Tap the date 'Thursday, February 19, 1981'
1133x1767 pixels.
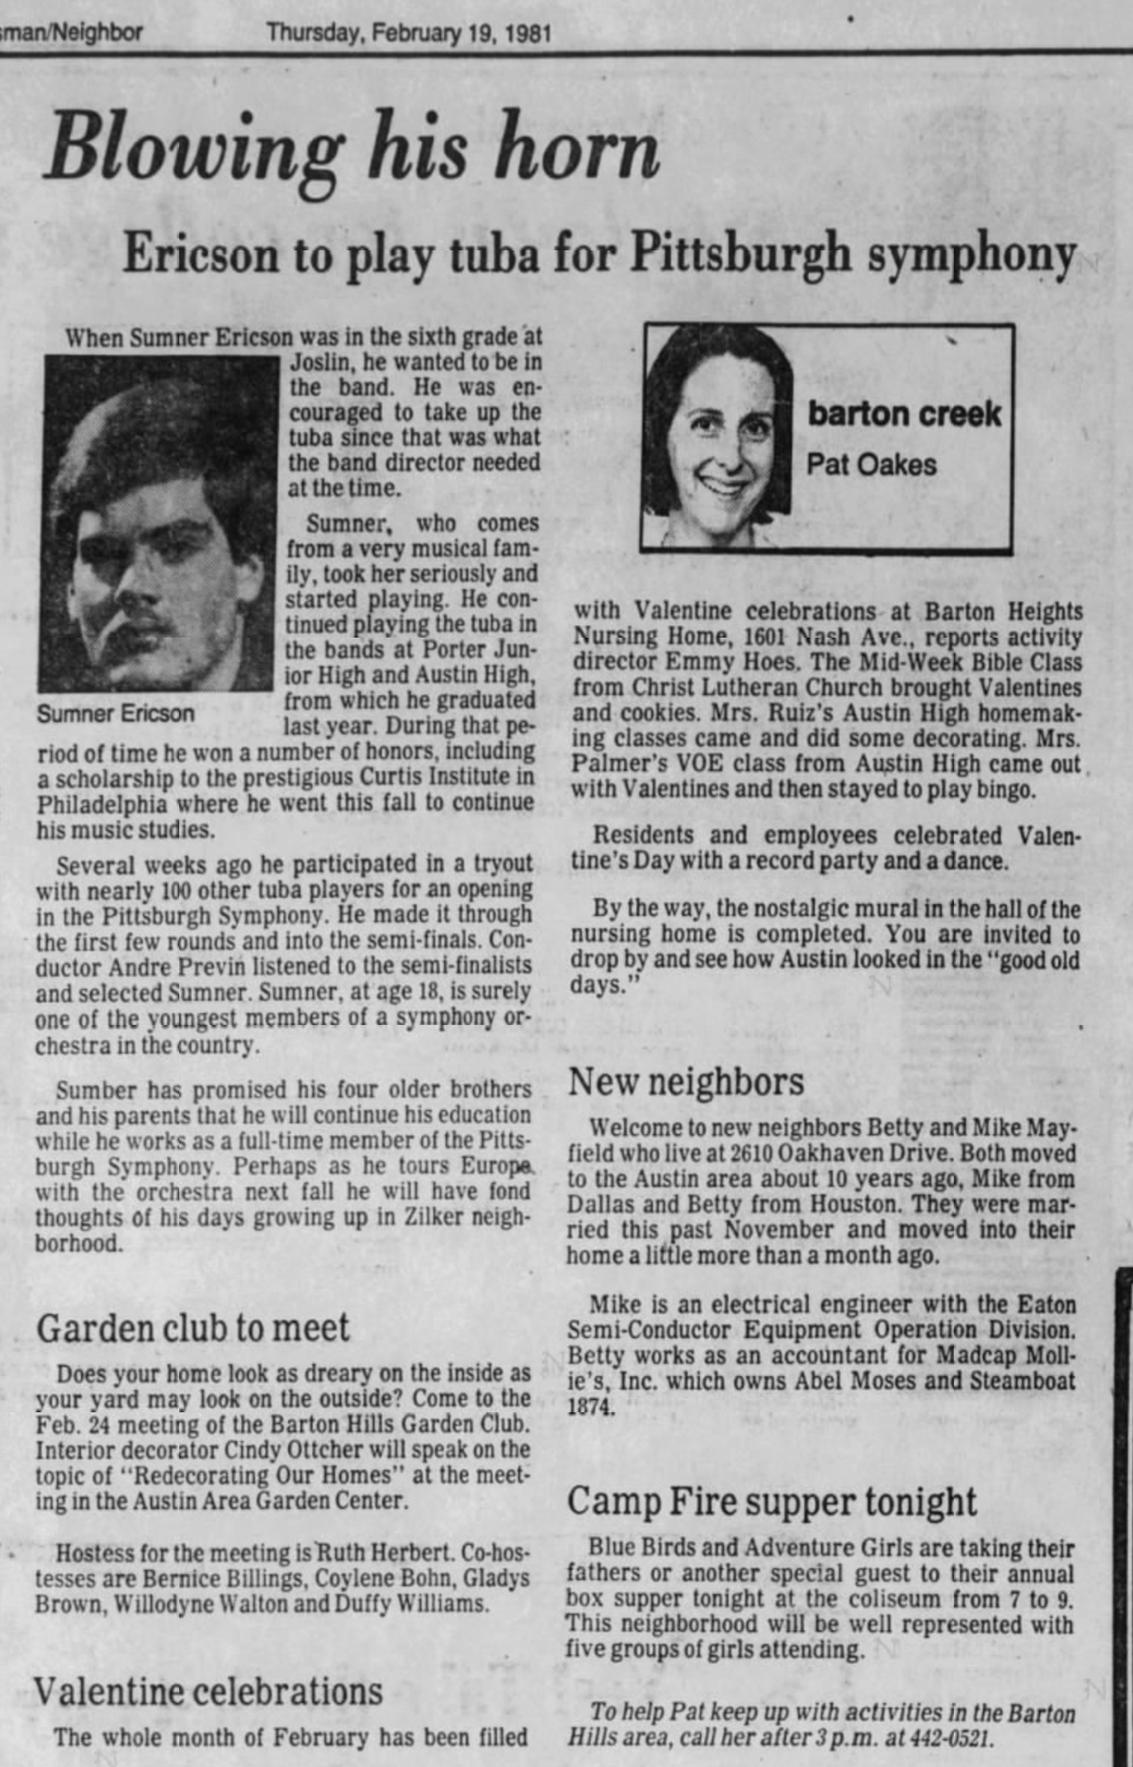pyautogui.click(x=409, y=33)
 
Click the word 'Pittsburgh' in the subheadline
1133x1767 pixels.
pyautogui.click(x=739, y=253)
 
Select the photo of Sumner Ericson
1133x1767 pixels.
pyautogui.click(x=159, y=522)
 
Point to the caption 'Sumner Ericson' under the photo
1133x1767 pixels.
pyautogui.click(x=115, y=713)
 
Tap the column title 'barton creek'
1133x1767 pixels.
pyautogui.click(x=903, y=413)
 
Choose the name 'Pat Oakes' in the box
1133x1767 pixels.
pyautogui.click(x=870, y=465)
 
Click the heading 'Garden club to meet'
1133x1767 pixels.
pyautogui.click(x=192, y=1328)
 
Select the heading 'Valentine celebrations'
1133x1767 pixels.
pyautogui.click(x=208, y=1690)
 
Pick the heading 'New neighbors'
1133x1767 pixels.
pyautogui.click(x=685, y=1081)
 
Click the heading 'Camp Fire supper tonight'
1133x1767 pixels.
pyautogui.click(x=771, y=1500)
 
